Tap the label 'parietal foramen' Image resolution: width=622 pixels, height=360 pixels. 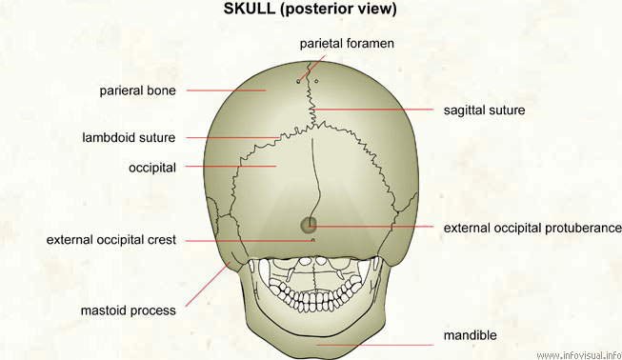(x=347, y=44)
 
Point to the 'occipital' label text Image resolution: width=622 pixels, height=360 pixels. (x=152, y=168)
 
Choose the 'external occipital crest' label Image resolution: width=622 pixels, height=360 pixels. (x=110, y=240)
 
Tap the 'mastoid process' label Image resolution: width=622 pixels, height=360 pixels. (x=129, y=310)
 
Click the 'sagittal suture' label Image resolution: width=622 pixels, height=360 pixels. (x=484, y=110)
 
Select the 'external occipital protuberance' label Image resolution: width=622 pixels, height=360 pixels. (x=532, y=228)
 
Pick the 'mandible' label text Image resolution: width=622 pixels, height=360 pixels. (x=470, y=335)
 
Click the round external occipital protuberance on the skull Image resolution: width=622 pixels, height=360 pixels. (x=309, y=225)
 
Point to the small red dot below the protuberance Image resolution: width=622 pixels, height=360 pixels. (x=313, y=240)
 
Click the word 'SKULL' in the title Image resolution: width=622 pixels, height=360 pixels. (x=246, y=10)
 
